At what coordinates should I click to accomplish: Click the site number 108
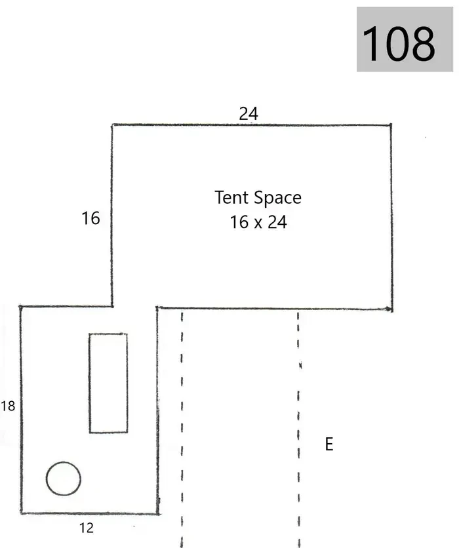[399, 43]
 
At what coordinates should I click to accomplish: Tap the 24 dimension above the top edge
[249, 113]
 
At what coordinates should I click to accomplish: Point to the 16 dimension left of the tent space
[90, 218]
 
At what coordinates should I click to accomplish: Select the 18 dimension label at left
[8, 406]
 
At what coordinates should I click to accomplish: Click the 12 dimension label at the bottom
[87, 528]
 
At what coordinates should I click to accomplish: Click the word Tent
[232, 197]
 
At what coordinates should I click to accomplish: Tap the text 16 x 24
[258, 222]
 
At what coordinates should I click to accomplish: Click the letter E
[329, 444]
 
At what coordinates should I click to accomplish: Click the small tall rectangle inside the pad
[89, 383]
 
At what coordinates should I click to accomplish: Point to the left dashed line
[182, 430]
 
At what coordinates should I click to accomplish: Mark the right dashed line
[298, 430]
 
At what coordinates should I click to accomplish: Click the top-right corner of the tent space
[391, 125]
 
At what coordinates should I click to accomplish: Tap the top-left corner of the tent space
[112, 125]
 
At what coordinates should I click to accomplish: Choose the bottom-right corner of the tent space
[391, 309]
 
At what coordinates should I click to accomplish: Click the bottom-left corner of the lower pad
[21, 513]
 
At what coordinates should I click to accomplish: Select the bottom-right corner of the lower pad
[158, 514]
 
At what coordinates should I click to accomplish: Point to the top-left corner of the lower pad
[20, 307]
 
